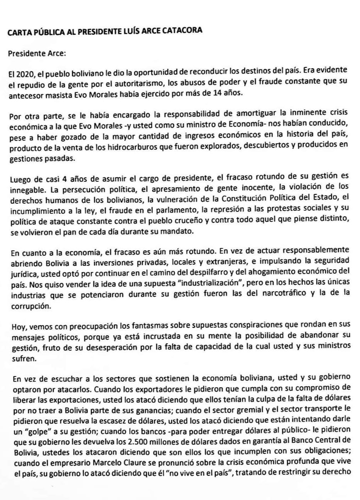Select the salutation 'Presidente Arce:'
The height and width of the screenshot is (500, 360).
pyautogui.click(x=37, y=54)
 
